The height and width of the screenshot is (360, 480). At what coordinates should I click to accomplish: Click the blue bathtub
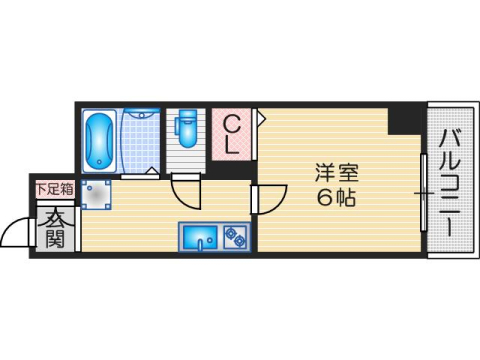click(100, 141)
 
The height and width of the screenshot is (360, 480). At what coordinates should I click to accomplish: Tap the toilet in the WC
click(187, 127)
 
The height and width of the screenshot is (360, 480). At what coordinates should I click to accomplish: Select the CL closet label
click(232, 133)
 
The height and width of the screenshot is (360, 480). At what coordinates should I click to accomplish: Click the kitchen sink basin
click(199, 238)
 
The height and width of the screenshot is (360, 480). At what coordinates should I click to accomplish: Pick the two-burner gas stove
click(236, 238)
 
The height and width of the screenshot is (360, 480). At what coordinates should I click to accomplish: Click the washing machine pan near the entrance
click(98, 195)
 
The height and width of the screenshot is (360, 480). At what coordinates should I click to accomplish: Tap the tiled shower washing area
click(141, 140)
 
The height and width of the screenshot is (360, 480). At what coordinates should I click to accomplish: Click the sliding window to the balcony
click(424, 190)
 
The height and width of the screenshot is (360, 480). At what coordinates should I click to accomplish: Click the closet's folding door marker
click(260, 118)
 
